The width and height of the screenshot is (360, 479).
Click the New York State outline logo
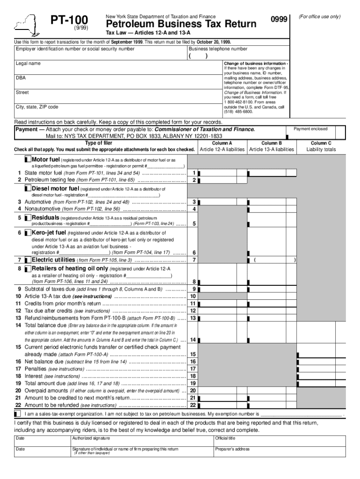(x=27, y=26)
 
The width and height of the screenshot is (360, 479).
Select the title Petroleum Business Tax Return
(x=181, y=24)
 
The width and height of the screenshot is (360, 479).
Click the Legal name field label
(x=28, y=63)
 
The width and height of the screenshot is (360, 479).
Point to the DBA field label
(x=21, y=78)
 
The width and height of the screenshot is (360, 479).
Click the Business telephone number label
(x=218, y=49)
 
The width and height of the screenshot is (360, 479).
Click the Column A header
(x=222, y=143)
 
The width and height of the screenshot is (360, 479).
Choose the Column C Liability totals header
(x=321, y=146)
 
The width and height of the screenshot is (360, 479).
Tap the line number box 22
(x=193, y=405)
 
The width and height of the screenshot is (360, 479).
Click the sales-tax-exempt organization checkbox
(x=17, y=414)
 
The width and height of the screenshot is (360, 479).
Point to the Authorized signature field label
(x=91, y=438)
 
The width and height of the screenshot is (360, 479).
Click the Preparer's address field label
(x=232, y=449)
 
